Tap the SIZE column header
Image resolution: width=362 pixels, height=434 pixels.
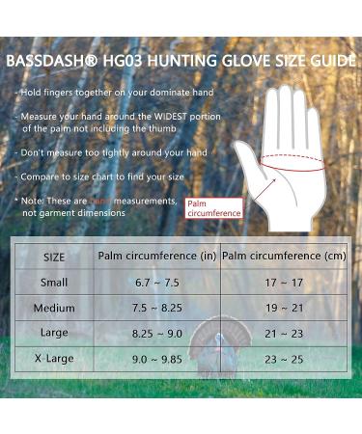click(55, 258)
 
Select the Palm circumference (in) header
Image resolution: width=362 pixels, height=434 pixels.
click(155, 256)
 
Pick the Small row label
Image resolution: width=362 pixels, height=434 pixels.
click(55, 283)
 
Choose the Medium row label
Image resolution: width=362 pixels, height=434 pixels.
click(55, 309)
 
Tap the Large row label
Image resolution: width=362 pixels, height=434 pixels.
click(55, 334)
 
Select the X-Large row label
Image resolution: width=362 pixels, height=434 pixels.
click(55, 359)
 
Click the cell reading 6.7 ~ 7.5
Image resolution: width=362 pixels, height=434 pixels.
click(155, 284)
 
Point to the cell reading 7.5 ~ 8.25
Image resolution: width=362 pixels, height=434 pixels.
click(155, 309)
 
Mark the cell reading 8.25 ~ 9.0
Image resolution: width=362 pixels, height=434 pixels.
click(155, 334)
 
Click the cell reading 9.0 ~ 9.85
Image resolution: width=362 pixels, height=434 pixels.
click(155, 359)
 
